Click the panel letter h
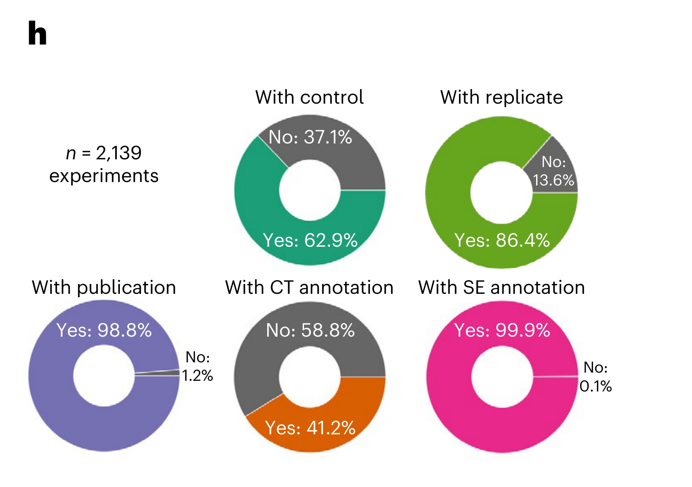[37, 33]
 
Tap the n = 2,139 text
[104, 153]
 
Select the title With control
[309, 97]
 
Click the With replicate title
[501, 97]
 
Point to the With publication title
[104, 287]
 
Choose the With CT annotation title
[309, 287]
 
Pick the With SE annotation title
[501, 287]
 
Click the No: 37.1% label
[310, 137]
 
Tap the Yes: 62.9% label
[310, 240]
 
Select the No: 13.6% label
[553, 171]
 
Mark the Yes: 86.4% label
[502, 240]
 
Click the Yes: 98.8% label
[104, 330]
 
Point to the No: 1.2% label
[197, 366]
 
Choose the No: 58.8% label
[310, 330]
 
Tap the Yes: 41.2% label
[310, 428]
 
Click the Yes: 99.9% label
[502, 330]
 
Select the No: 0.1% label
[595, 377]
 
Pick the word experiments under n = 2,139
[104, 176]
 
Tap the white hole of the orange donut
[310, 376]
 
